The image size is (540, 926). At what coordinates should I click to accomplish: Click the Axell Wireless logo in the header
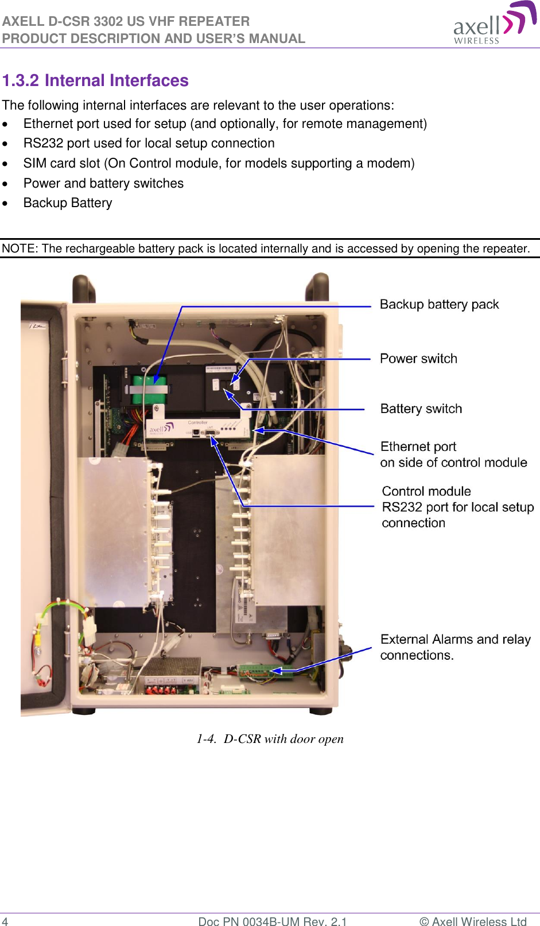[x=494, y=24]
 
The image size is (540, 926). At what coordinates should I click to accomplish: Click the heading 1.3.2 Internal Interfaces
[x=95, y=80]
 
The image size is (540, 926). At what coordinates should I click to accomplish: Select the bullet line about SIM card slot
[x=218, y=164]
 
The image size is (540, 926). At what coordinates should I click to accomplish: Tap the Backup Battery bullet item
[x=68, y=203]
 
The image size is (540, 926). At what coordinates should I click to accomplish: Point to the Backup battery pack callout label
[x=439, y=305]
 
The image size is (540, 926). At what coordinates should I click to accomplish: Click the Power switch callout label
[x=418, y=359]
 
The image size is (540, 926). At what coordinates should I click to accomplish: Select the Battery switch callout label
[x=421, y=409]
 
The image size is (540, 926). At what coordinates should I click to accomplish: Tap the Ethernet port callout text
[x=453, y=454]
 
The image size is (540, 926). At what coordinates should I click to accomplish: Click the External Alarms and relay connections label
[x=455, y=647]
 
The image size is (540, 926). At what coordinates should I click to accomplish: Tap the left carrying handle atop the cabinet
[x=84, y=287]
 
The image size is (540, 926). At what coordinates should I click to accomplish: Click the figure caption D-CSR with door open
[x=270, y=739]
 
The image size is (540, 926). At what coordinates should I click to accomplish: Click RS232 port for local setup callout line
[x=457, y=507]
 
